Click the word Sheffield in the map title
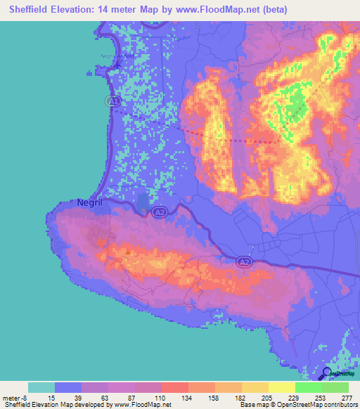[32, 9]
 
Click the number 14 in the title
[122, 9]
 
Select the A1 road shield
[112, 101]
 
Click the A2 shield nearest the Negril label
[160, 210]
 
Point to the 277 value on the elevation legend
[347, 397]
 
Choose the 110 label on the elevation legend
[160, 397]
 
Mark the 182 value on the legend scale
[240, 397]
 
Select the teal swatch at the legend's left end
[41, 387]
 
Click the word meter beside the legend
[12, 397]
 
